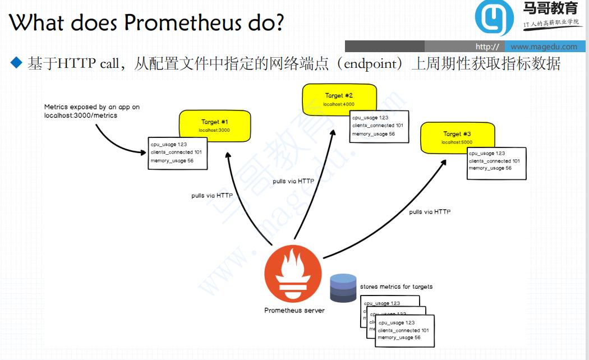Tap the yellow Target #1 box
point(214,125)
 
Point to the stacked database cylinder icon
point(343,288)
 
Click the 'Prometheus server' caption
point(294,310)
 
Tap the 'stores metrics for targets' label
point(396,287)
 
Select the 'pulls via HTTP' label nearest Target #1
point(212,196)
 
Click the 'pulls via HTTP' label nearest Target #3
point(430,212)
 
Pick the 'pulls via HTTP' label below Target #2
point(293,181)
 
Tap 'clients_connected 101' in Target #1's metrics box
point(176,153)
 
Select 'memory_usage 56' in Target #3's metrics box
point(490,168)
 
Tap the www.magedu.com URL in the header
point(544,47)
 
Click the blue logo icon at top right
point(494,18)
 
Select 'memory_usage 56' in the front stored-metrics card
point(399,338)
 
